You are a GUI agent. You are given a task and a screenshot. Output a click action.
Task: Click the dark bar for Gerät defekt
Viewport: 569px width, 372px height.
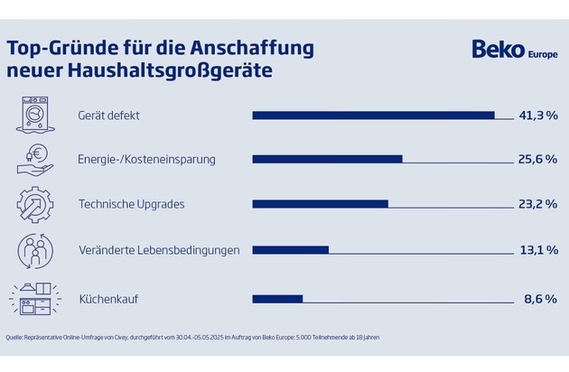click(373, 115)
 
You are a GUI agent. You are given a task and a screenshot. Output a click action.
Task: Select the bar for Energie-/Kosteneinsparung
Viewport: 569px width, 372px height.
click(327, 159)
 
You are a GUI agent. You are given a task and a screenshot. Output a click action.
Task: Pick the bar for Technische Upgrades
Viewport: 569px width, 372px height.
click(320, 204)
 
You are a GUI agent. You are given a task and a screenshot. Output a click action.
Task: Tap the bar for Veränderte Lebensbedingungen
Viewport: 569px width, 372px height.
click(290, 249)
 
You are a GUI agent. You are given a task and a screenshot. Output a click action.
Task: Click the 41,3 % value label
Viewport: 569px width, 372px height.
click(538, 115)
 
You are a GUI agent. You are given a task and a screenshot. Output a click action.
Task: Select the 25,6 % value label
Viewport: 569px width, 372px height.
click(538, 159)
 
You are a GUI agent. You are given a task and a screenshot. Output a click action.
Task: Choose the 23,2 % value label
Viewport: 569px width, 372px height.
click(538, 204)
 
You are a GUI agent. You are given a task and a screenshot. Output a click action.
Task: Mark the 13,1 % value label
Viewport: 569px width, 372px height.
click(538, 249)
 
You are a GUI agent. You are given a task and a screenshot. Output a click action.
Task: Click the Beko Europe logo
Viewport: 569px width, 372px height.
click(511, 50)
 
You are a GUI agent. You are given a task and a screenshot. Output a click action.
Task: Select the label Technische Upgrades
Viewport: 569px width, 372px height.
click(132, 204)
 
